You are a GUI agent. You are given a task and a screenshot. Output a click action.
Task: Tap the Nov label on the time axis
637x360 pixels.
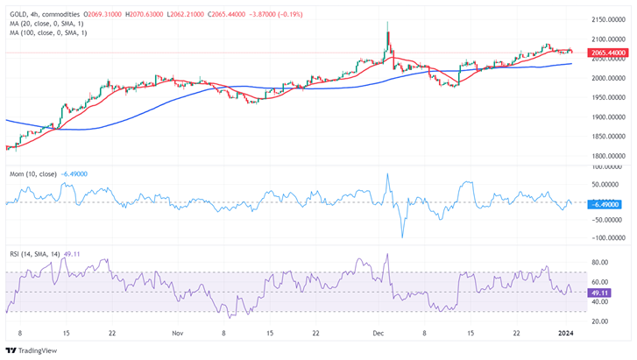(178, 334)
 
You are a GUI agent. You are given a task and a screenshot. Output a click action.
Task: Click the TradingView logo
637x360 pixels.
(33, 349)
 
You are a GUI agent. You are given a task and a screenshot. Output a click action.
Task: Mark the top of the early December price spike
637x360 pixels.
(387, 23)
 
